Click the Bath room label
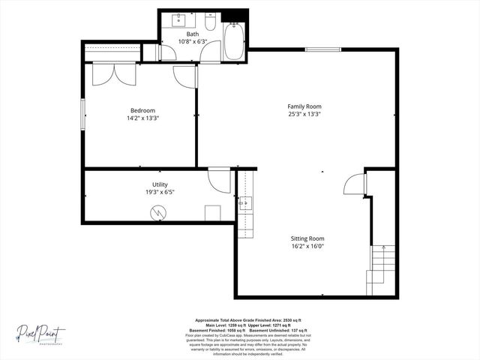point(193,34)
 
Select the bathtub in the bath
point(234,40)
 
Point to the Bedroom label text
point(142,109)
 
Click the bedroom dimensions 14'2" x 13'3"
point(142,118)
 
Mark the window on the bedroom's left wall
point(82,114)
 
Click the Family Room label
point(304,106)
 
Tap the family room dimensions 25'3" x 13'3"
point(304,115)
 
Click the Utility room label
point(160,184)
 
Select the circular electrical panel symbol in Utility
point(157,212)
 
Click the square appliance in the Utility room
point(212,212)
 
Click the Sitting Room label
point(307,238)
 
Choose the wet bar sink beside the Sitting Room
point(244,203)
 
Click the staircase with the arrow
point(383,262)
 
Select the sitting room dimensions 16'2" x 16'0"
point(307,247)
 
